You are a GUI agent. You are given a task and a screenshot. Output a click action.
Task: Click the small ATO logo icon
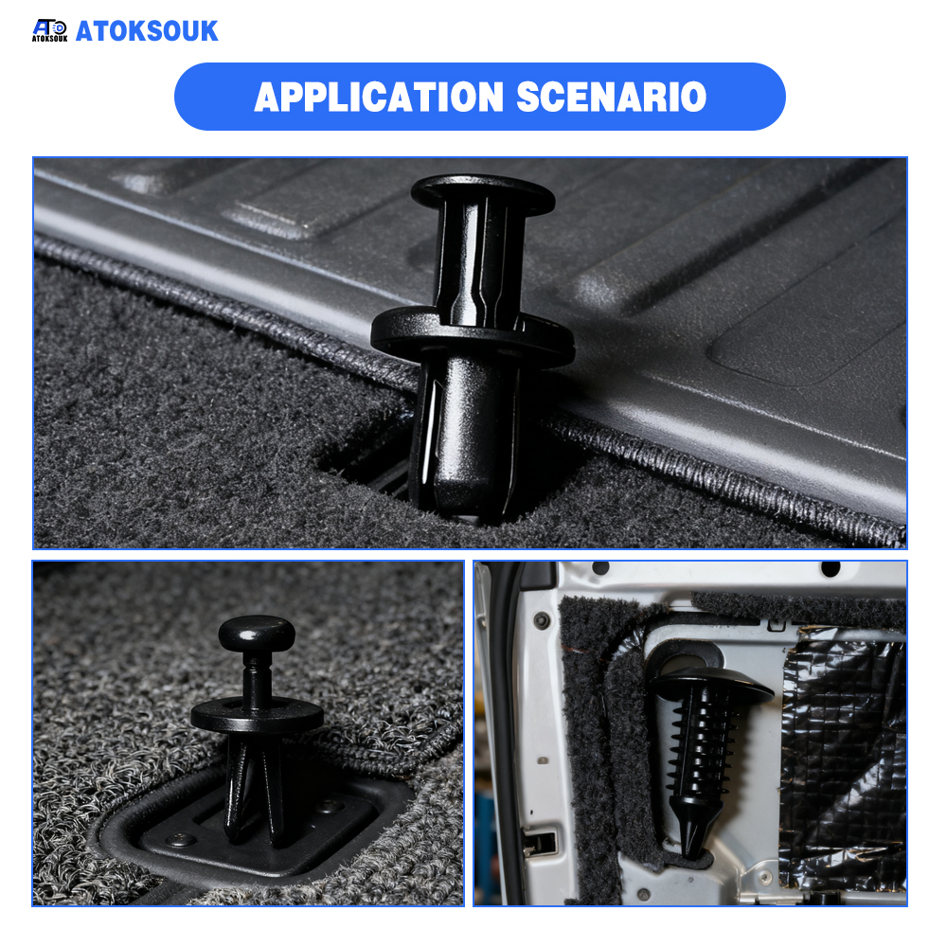(x=49, y=30)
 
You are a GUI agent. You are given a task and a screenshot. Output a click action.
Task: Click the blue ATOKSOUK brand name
(x=147, y=31)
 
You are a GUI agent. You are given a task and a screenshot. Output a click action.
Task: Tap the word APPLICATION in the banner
(x=379, y=97)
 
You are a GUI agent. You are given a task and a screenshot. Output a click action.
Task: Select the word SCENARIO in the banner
(x=611, y=97)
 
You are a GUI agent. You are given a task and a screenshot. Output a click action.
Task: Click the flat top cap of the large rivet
(x=483, y=192)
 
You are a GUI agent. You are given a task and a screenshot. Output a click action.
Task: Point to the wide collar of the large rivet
(x=473, y=336)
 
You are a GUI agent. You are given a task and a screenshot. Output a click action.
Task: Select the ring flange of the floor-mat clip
(x=258, y=715)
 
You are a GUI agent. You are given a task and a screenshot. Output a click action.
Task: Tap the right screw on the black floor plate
(x=330, y=805)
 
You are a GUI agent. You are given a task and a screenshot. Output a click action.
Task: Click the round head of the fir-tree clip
(x=713, y=683)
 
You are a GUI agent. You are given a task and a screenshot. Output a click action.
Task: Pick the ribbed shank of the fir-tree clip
(x=701, y=746)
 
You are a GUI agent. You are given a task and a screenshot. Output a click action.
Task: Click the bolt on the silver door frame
(x=542, y=619)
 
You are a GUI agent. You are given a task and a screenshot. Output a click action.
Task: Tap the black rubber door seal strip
(x=506, y=724)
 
